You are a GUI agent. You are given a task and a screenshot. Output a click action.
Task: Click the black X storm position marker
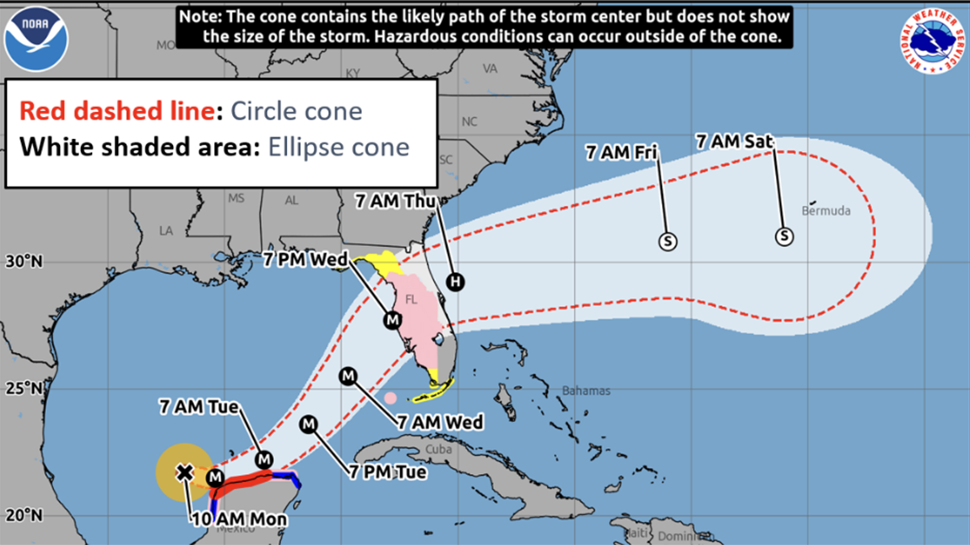point(185,472)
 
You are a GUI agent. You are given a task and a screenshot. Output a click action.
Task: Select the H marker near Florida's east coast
point(456,281)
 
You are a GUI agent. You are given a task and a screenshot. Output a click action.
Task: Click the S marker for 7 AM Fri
point(668,241)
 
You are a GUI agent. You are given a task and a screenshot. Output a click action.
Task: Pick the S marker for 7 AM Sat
point(784,237)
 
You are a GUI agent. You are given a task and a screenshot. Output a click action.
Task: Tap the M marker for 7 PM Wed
point(392,320)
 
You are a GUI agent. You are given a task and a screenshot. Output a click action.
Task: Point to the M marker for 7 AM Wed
point(348,375)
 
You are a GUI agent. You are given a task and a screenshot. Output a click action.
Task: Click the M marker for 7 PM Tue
point(309,424)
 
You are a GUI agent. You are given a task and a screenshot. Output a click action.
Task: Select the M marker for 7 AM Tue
point(264,459)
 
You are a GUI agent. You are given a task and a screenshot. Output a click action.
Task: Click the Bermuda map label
point(826,212)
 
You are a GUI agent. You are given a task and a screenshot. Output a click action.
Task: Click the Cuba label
point(436,448)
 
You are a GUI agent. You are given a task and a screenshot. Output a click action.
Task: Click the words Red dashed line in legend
point(116,111)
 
